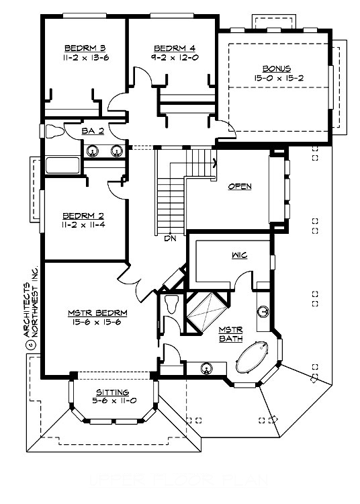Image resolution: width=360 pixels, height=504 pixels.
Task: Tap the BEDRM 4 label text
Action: click(x=173, y=48)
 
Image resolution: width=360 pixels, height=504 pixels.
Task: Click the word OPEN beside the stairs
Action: click(x=239, y=186)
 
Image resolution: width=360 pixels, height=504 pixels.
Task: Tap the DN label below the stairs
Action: click(x=170, y=237)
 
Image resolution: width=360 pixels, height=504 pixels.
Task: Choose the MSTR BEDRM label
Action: click(x=98, y=312)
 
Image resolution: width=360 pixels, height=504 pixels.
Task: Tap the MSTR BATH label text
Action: click(x=230, y=334)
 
